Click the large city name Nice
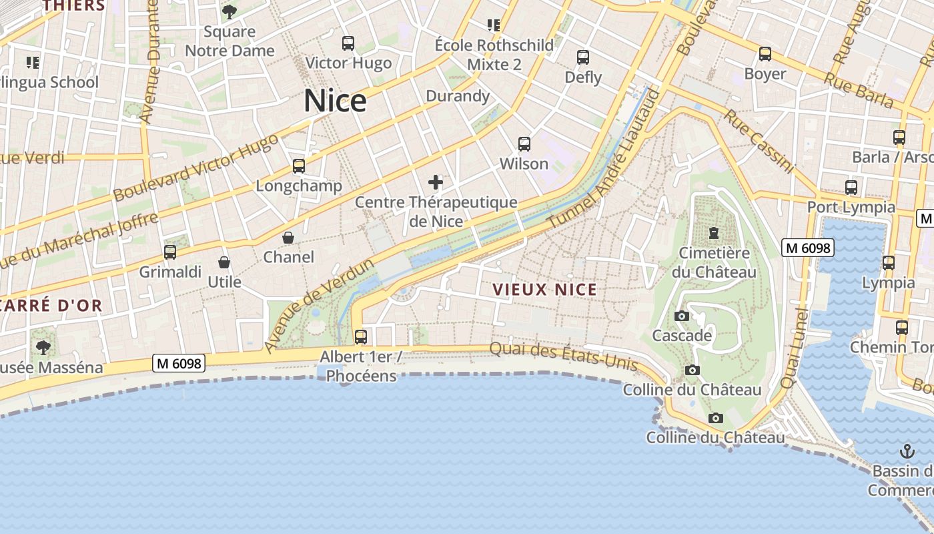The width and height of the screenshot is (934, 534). [335, 101]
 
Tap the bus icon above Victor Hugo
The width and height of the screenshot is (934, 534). [348, 43]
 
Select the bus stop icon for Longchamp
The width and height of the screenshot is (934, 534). [298, 166]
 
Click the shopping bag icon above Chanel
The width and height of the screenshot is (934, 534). [288, 238]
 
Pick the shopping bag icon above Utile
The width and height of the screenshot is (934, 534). [224, 262]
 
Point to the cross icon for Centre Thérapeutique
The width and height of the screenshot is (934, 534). [436, 182]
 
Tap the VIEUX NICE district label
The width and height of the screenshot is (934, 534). [545, 290]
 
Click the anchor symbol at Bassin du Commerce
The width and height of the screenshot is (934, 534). [907, 451]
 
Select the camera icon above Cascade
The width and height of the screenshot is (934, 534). [682, 316]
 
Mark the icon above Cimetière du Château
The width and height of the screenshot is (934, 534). [714, 234]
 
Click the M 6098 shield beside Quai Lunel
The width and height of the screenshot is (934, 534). [807, 248]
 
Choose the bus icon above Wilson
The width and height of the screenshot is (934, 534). [524, 144]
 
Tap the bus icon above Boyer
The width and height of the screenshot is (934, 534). [765, 54]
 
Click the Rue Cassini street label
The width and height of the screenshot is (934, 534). [759, 142]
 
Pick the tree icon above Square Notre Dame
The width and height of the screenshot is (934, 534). [229, 12]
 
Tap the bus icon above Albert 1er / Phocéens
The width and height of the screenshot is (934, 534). [361, 336]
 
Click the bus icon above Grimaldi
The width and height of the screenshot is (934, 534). [170, 252]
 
